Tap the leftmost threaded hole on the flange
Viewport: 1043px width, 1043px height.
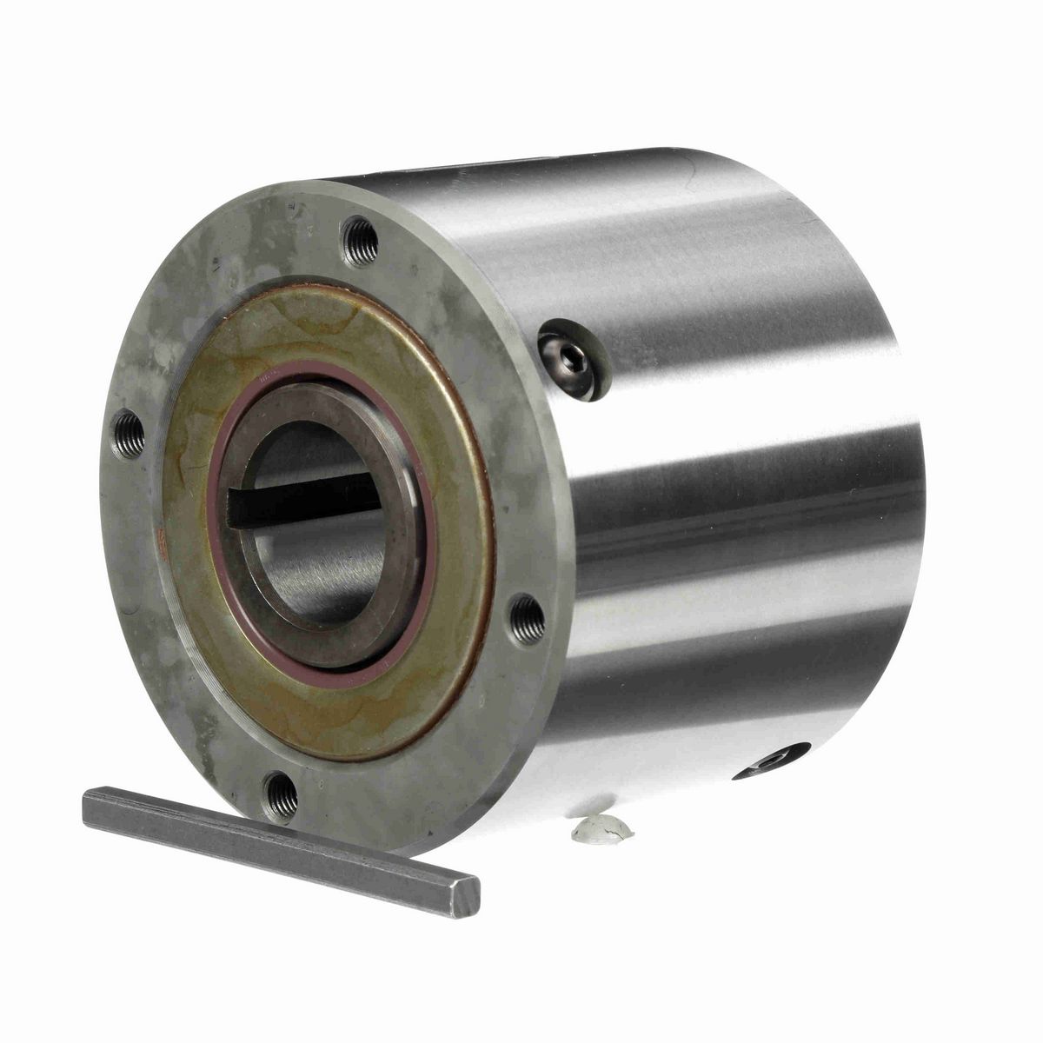129,434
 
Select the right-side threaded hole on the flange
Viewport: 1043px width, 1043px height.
528,619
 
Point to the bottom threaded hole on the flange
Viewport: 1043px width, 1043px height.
280,793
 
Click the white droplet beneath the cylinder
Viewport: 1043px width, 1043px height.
601,829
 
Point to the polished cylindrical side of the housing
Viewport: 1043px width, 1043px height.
739,521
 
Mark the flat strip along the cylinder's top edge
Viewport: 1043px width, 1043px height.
521,171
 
